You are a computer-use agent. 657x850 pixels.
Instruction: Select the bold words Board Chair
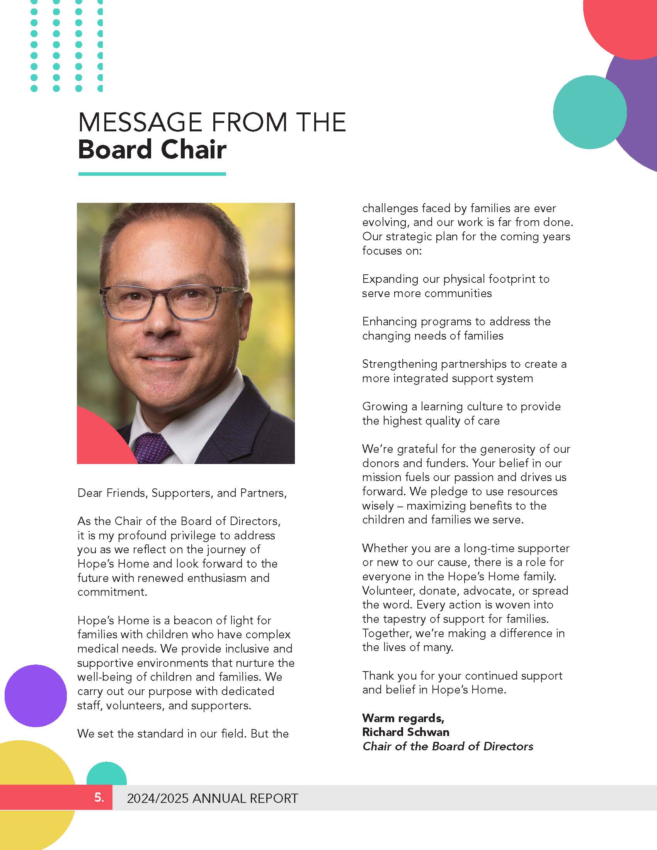point(152,150)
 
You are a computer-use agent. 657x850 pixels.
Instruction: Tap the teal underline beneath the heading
point(152,174)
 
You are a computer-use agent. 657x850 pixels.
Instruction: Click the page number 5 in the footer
point(99,797)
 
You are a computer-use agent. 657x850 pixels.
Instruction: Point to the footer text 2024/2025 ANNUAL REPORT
point(213,798)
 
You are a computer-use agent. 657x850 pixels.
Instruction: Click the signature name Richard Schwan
point(405,732)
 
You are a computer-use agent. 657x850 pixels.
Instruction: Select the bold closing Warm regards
point(403,718)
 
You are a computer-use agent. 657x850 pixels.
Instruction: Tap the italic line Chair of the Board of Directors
point(448,746)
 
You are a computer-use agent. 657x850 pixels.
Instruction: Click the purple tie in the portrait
point(152,447)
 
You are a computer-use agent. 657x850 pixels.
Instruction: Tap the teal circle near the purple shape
point(589,112)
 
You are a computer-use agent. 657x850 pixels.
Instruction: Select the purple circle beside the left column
point(36,695)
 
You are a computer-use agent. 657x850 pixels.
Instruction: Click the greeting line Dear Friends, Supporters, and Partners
point(182,493)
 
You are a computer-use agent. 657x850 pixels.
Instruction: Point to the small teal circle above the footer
point(106,775)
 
